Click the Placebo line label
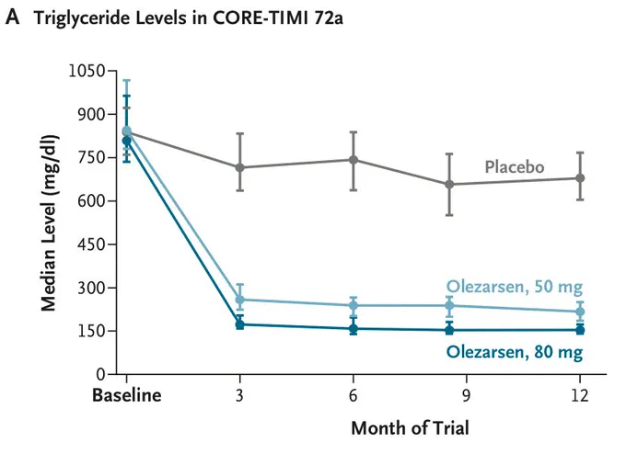pyautogui.click(x=515, y=166)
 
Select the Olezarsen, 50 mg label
pyautogui.click(x=515, y=287)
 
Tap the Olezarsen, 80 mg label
pyautogui.click(x=515, y=352)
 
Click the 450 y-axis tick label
pyautogui.click(x=91, y=244)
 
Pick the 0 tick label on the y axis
pyautogui.click(x=100, y=374)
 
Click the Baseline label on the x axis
pyautogui.click(x=126, y=395)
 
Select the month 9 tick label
pyautogui.click(x=466, y=395)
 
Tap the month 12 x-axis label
pyautogui.click(x=579, y=395)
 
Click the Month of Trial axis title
pyautogui.click(x=410, y=428)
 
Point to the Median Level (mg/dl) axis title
pyautogui.click(x=50, y=223)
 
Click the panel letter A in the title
pyautogui.click(x=12, y=17)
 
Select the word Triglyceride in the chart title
pyautogui.click(x=82, y=18)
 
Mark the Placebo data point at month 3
pyautogui.click(x=240, y=167)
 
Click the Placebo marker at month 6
pyautogui.click(x=354, y=160)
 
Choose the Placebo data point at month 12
pyautogui.click(x=580, y=178)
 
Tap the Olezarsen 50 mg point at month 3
pyautogui.click(x=240, y=300)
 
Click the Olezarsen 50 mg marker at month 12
pyautogui.click(x=580, y=312)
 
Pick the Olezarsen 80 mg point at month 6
pyautogui.click(x=354, y=329)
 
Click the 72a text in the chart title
pyautogui.click(x=328, y=18)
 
